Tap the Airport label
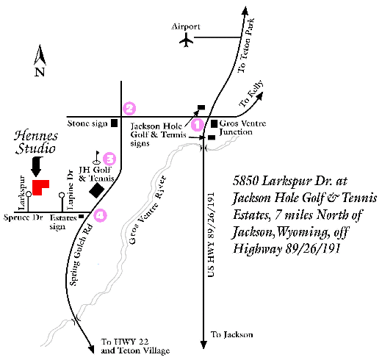coord(185,26)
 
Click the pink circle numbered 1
coord(197,125)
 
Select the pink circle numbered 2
coord(129,108)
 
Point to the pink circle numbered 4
coord(101,215)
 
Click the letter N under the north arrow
coord(40,72)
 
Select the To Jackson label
coord(232,335)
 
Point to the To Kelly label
coord(251,98)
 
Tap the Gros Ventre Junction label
coord(241,128)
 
